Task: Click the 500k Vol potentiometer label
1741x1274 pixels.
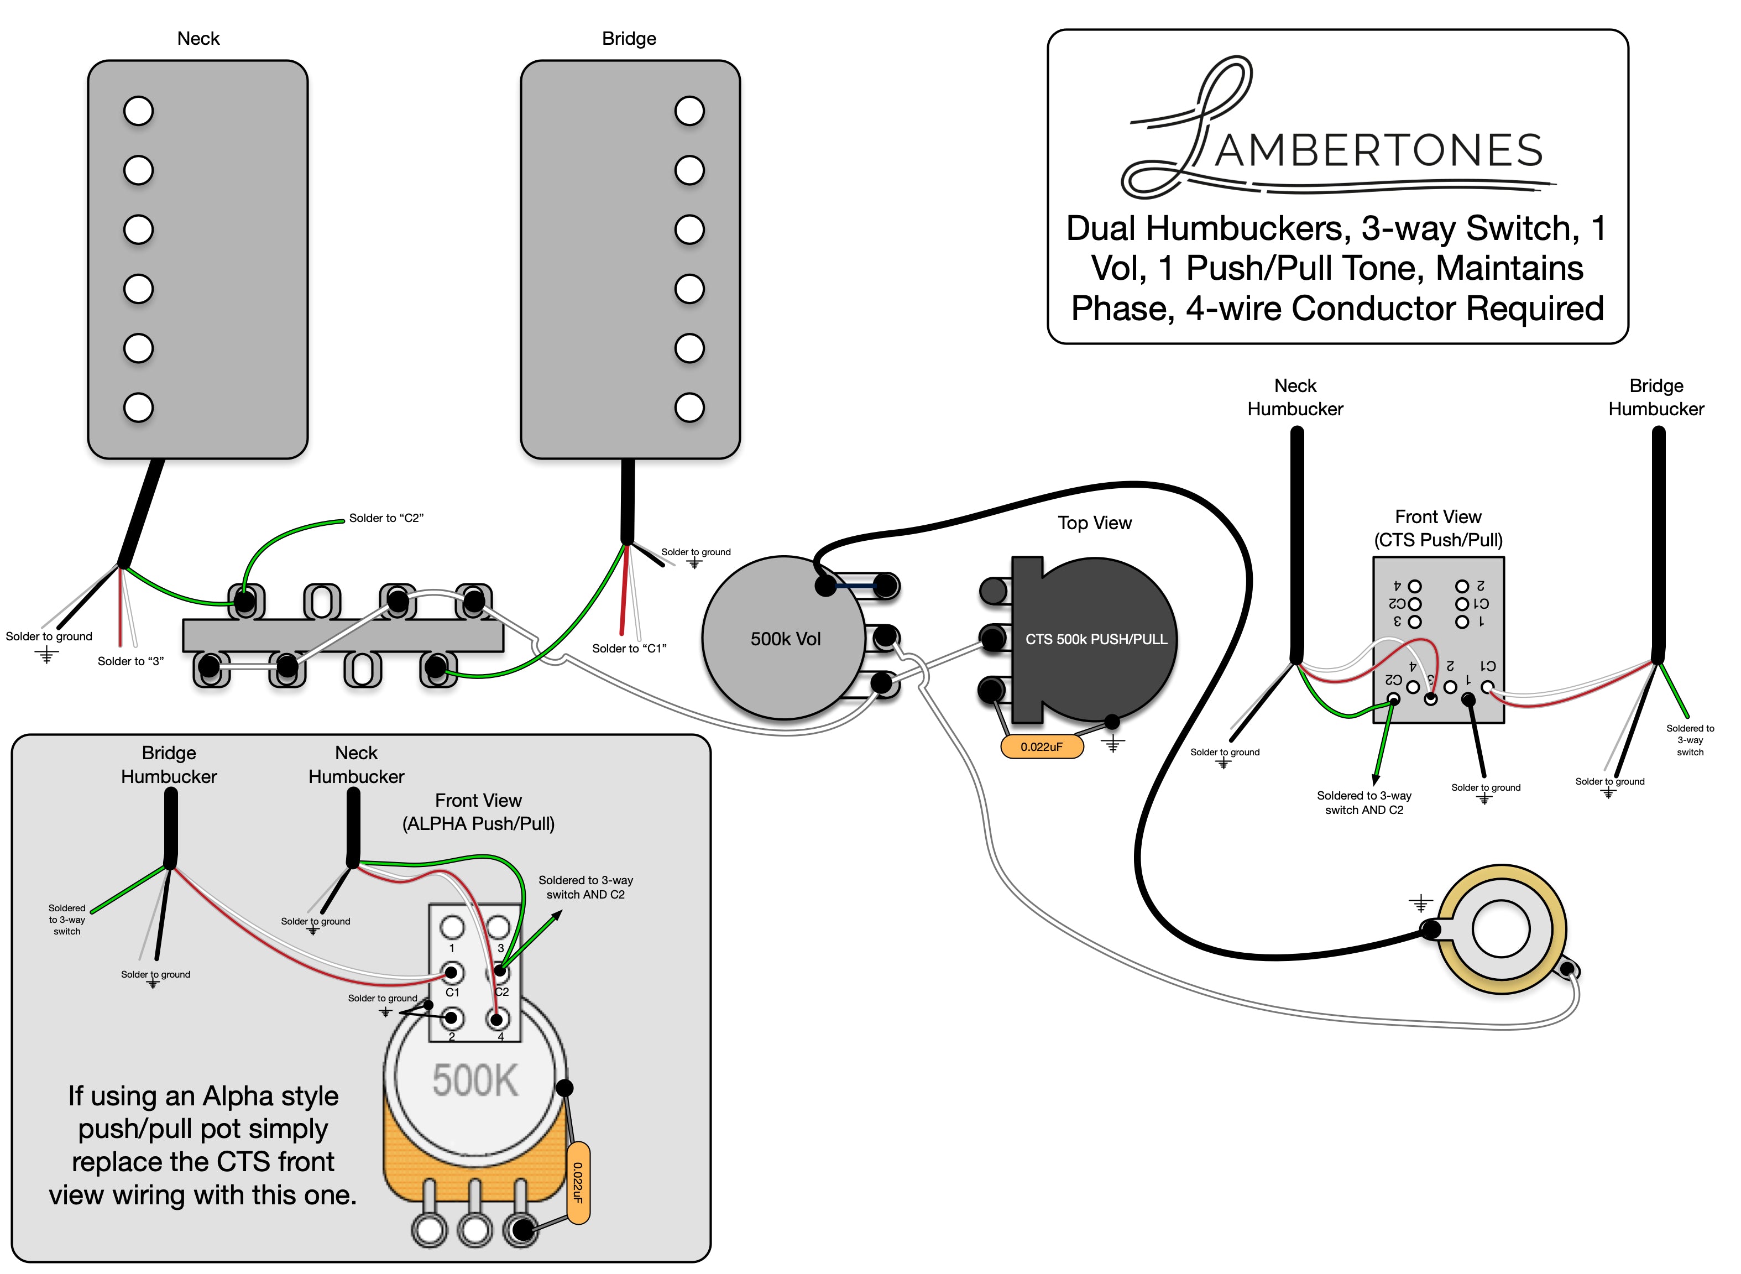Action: coord(785,639)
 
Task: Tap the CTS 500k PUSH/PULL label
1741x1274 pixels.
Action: coord(1096,639)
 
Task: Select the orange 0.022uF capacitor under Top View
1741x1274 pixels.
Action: coord(1041,746)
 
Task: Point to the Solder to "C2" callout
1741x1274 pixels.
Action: coord(385,518)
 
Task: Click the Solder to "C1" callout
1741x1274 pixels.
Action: coord(629,649)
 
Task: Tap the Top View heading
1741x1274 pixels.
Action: coord(1094,523)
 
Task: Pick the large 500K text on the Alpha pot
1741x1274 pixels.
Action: coord(475,1080)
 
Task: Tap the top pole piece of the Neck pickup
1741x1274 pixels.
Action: coord(139,111)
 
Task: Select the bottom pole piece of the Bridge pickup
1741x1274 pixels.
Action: coord(689,407)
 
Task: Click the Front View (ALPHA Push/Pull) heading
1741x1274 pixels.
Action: coord(478,812)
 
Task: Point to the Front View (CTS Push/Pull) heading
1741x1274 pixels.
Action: coord(1438,528)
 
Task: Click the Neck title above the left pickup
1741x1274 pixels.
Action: coord(198,39)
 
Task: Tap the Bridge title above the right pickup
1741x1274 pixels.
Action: coord(629,39)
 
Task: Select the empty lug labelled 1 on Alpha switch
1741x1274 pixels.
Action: coord(452,927)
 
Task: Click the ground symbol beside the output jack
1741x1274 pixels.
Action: coord(1420,903)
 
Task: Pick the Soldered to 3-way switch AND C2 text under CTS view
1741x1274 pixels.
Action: coord(1364,803)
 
